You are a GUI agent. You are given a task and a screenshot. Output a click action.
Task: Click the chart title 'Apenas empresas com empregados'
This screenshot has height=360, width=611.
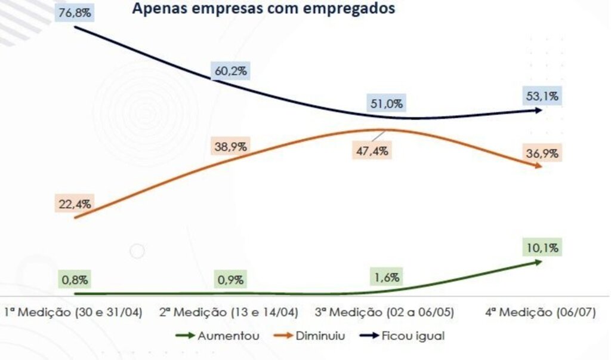coord(263,10)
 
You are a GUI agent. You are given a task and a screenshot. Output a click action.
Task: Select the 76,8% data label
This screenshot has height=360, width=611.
coord(75,13)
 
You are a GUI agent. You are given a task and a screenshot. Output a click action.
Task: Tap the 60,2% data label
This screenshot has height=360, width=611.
coord(230,71)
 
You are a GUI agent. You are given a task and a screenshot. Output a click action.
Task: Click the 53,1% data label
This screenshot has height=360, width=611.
coord(542,96)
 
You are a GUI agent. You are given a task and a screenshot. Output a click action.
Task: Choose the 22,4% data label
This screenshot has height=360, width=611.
coord(75,204)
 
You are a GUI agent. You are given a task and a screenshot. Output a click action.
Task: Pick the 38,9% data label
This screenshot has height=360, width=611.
coord(231,146)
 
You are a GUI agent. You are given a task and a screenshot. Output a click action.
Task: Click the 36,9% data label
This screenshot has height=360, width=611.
coord(542,153)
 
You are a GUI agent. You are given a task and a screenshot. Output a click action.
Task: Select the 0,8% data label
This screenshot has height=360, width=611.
coord(75,279)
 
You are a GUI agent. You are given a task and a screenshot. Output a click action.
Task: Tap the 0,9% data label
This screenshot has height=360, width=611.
coord(230,279)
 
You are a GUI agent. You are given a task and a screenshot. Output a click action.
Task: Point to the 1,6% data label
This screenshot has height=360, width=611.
coord(387,277)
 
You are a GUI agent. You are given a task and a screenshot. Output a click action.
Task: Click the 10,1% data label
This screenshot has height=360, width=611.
coord(542,248)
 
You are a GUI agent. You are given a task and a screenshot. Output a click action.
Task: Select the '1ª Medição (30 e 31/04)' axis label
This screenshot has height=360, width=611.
coord(73,313)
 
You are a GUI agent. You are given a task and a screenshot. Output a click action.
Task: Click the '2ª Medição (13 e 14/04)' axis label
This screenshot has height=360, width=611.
coord(230,313)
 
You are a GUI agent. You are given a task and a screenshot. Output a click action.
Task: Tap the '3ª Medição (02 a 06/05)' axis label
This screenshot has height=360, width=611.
coord(386,313)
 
